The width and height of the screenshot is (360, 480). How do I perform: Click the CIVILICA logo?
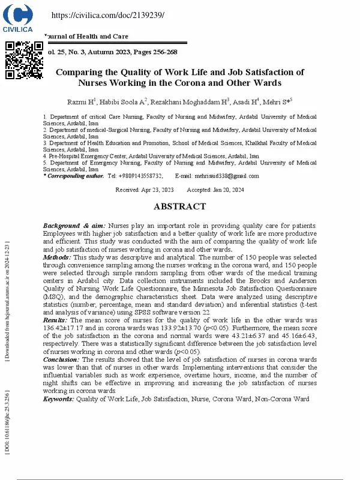(x=18, y=18)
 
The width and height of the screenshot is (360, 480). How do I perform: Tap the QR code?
(x=25, y=60)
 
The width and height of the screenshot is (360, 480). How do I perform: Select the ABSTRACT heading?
(x=180, y=206)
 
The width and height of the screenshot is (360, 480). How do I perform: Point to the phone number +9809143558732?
(x=140, y=176)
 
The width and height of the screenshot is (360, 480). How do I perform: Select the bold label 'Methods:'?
(x=57, y=256)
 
